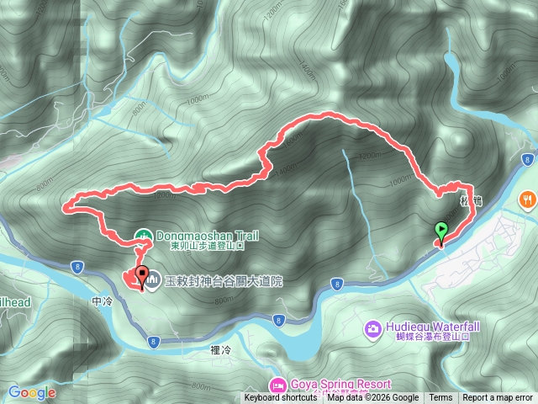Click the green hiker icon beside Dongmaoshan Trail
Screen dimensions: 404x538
143,237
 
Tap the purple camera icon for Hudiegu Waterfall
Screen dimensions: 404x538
372,327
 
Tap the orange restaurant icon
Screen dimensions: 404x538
527,200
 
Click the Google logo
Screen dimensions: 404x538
31,392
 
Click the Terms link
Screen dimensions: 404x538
440,398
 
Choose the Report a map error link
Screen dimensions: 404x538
498,398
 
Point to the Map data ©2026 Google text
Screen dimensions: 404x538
373,398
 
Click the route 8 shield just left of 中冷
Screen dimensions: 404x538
76,289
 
